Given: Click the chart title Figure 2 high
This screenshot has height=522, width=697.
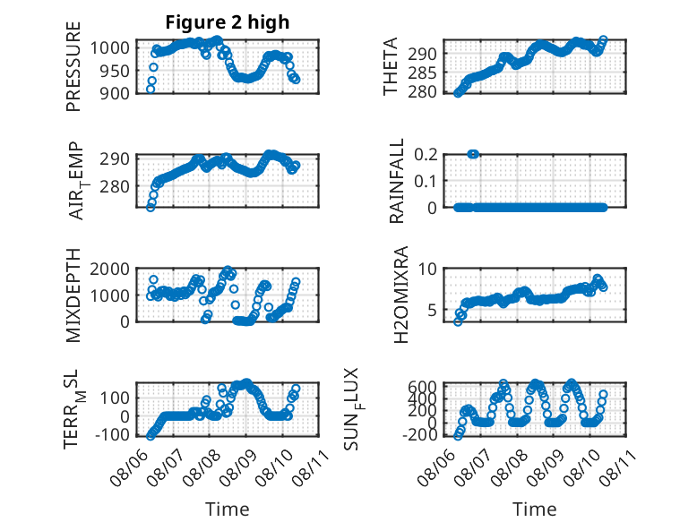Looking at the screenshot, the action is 228,22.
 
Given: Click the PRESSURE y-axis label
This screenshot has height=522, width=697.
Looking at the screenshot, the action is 73,66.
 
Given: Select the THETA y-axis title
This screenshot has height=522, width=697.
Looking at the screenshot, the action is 390,66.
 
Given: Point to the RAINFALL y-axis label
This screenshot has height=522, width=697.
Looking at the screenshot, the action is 396,181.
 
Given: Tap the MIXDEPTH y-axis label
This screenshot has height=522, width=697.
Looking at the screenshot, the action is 73,295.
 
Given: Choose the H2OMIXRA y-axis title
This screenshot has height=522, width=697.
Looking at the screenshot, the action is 401,295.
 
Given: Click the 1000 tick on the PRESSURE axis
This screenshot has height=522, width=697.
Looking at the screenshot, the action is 110,47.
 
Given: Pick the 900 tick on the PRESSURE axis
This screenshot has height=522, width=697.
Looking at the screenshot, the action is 115,93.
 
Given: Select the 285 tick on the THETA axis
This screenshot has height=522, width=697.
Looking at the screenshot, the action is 422,73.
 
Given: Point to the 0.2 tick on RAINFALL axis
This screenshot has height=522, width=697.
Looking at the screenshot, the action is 426,155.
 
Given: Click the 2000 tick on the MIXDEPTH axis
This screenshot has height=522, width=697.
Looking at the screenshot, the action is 110,269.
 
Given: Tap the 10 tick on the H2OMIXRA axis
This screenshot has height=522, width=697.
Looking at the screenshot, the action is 427,269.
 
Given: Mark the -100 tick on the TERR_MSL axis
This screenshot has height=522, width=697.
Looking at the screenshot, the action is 112,434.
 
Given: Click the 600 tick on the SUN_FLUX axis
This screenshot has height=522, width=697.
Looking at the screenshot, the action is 422,386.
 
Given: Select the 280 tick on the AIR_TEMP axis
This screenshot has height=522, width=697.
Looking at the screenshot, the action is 115,186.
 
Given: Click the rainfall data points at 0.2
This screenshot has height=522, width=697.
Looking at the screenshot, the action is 473,154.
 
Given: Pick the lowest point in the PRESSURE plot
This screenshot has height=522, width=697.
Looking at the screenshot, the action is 151,90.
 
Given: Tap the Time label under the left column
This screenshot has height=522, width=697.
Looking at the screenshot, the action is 228,509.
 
